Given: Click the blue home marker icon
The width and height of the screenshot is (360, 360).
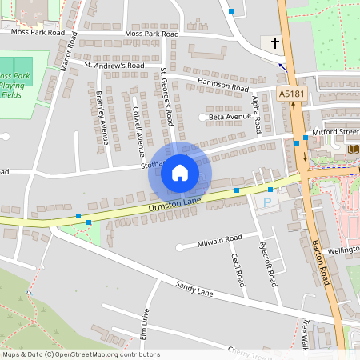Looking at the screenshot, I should pos(180,173).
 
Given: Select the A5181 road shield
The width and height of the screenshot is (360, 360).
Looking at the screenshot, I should pos(293,94).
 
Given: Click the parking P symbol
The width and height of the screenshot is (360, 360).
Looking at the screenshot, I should pos(266,201).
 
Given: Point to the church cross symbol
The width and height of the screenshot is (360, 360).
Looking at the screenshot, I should pos(275,42).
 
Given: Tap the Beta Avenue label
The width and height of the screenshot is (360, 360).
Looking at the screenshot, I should pos(230,117).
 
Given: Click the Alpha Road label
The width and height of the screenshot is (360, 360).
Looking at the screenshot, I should pos(257,114).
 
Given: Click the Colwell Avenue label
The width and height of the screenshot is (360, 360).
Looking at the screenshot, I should pos(138,126).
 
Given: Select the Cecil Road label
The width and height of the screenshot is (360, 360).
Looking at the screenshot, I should pos(237,270).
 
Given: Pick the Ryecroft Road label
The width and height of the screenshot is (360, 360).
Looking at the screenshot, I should pos(271,266).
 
